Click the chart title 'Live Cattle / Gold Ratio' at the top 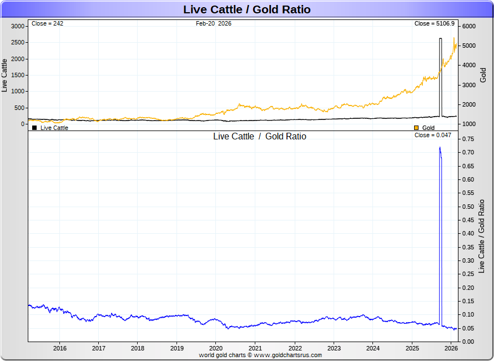[x=247, y=9]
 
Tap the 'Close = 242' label [x=48, y=23]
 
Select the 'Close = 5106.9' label [x=435, y=23]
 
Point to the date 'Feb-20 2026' [x=214, y=23]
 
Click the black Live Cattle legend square [x=34, y=128]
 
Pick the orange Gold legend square [x=417, y=128]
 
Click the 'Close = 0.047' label [x=433, y=136]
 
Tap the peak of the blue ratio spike [x=440, y=148]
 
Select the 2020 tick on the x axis [x=216, y=348]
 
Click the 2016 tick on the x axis [x=59, y=348]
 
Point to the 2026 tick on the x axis [x=451, y=348]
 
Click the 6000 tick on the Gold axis [x=470, y=26]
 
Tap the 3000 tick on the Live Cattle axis [x=18, y=26]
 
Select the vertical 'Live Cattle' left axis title [x=5, y=75]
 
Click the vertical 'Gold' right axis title [x=483, y=75]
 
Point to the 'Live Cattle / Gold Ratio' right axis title [x=482, y=236]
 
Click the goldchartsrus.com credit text [x=260, y=354]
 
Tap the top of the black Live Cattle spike [x=440, y=39]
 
